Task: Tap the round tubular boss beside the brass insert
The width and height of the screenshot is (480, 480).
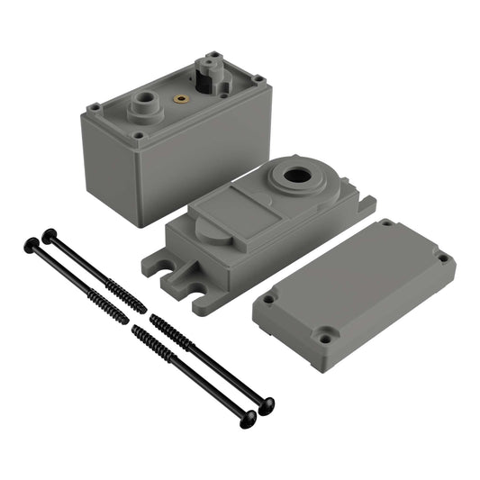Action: click(x=145, y=105)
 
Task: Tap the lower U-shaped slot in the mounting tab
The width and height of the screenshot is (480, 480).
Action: click(x=197, y=290)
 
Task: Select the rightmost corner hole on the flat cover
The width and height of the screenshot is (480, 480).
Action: click(x=442, y=258)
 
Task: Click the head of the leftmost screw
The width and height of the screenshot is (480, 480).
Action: click(x=32, y=244)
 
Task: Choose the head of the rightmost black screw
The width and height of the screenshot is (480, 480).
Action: click(x=266, y=406)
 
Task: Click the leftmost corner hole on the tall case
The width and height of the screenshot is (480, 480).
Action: click(x=94, y=108)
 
